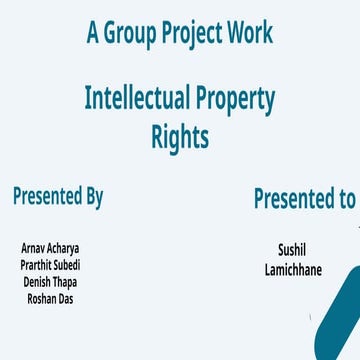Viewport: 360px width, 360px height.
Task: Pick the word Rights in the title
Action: pyautogui.click(x=180, y=137)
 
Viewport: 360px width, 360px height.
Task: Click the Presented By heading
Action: pyautogui.click(x=58, y=196)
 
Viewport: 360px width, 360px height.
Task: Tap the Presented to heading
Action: pyautogui.click(x=304, y=198)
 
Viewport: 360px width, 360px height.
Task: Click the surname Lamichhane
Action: pyautogui.click(x=294, y=269)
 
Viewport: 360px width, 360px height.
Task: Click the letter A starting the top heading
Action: pyautogui.click(x=93, y=34)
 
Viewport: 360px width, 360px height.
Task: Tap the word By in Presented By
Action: pyautogui.click(x=92, y=197)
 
